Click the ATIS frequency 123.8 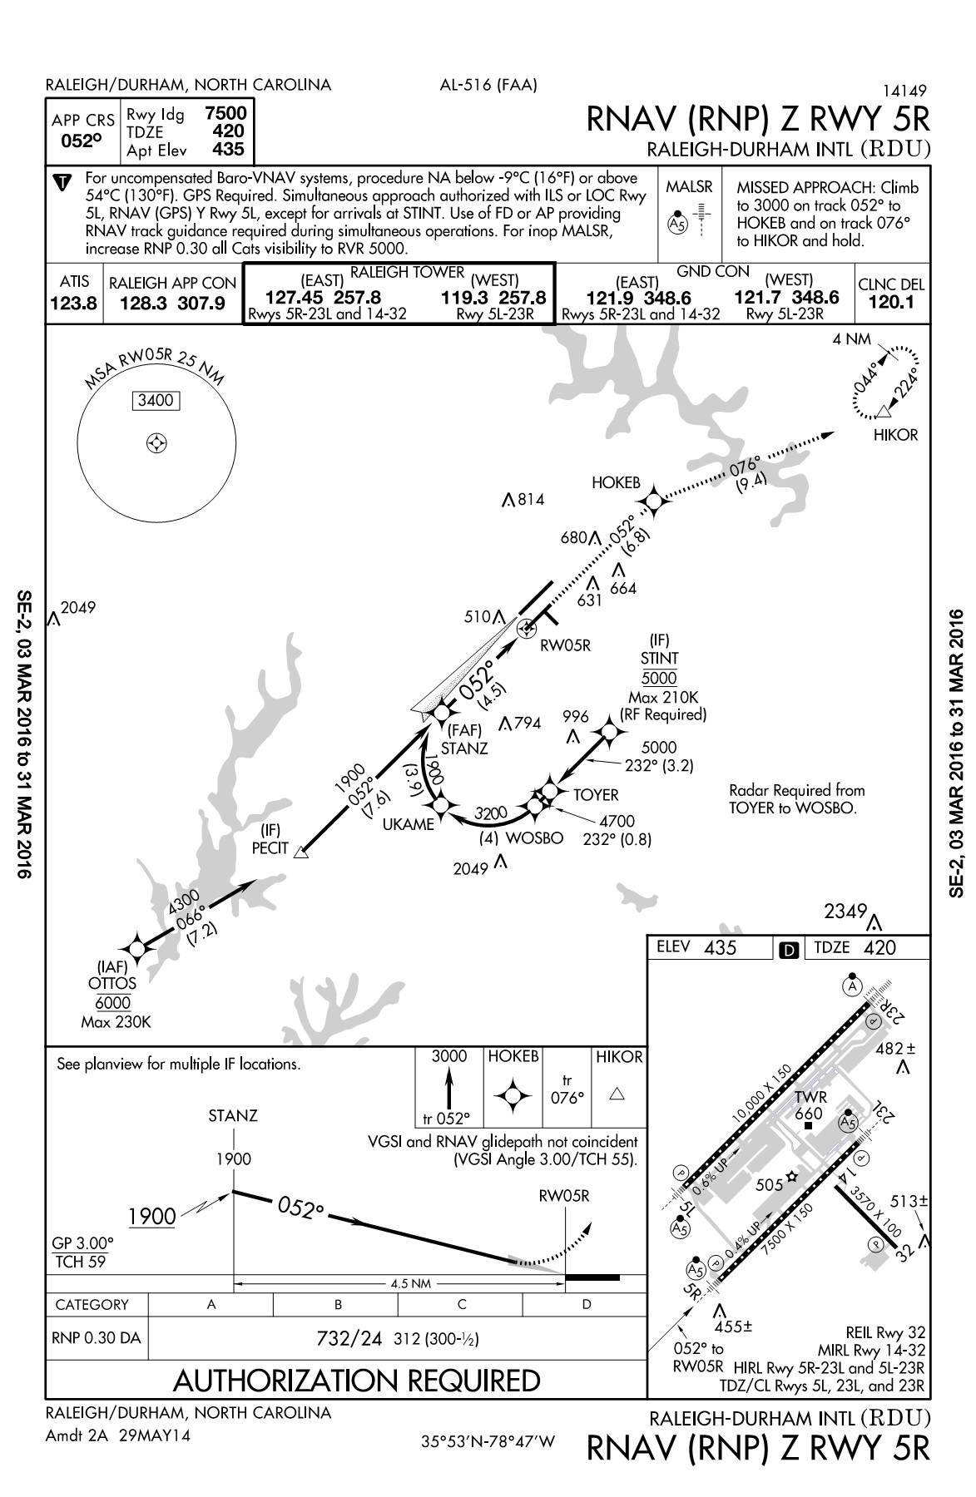tap(73, 304)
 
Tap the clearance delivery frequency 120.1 tap(891, 302)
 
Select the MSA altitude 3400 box tap(156, 401)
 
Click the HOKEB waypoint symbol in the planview tap(654, 500)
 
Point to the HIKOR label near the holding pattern tap(895, 434)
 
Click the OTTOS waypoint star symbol tap(136, 947)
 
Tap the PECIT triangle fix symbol tap(301, 851)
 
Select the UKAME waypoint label tap(409, 824)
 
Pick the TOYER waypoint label tap(596, 795)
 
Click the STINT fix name tap(659, 659)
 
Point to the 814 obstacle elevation tap(530, 500)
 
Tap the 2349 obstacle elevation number tap(846, 912)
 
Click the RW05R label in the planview tap(565, 645)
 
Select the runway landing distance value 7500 tap(225, 114)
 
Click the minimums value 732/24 tap(349, 1339)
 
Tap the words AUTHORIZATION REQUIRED tap(357, 1380)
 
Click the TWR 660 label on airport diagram tap(810, 1105)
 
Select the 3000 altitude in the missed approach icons tap(448, 1056)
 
